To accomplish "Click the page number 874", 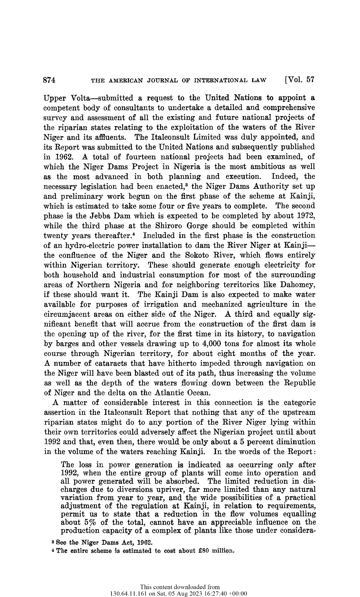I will click(x=50, y=80).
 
